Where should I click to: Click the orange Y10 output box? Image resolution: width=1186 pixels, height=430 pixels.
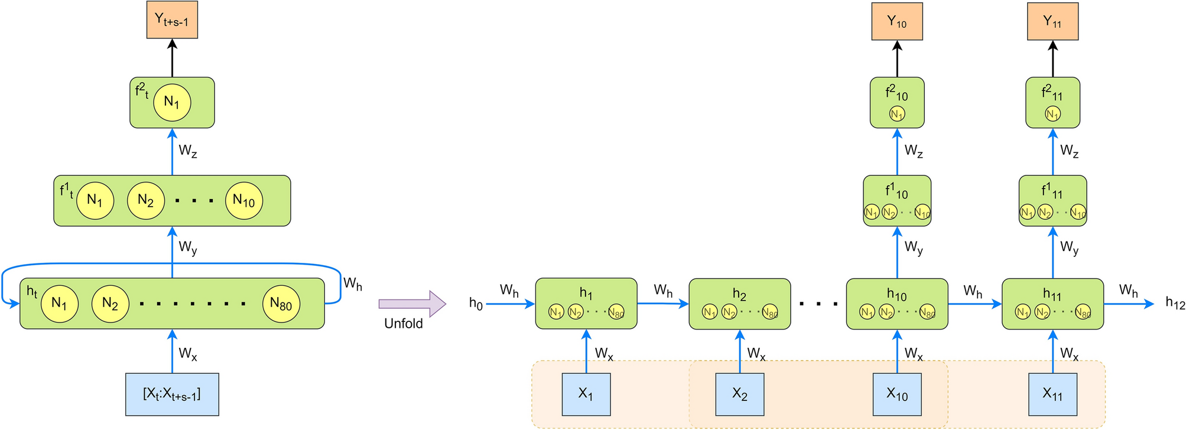tap(896, 21)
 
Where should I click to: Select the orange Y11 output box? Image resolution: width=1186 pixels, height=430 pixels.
tap(1052, 21)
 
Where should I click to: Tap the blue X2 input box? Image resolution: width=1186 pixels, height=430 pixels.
tap(739, 394)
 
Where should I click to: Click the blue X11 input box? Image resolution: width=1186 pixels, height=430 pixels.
tap(1052, 394)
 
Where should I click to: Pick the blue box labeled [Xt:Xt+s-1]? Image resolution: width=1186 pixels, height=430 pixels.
tap(172, 394)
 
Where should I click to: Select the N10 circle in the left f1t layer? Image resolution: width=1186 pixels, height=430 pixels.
tap(243, 200)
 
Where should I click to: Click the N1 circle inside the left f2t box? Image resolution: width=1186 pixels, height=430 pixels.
tap(172, 102)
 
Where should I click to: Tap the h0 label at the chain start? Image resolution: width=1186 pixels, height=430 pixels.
tap(476, 304)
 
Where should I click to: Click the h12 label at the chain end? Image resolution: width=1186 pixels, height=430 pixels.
tap(1175, 303)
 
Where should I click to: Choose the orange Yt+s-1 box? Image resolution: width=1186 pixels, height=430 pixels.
tap(172, 20)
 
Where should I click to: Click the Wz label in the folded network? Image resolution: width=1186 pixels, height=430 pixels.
tap(188, 151)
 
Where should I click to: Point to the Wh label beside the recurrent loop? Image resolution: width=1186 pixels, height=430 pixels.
tap(353, 284)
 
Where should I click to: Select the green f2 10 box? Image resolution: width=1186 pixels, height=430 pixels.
tap(896, 102)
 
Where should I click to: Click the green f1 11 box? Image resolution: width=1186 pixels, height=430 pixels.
tap(1052, 200)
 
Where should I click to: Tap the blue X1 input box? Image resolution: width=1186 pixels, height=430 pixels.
tap(586, 394)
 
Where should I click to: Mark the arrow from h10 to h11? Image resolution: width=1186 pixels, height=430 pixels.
tap(974, 304)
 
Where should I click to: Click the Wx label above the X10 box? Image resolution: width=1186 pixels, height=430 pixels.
tap(914, 354)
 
